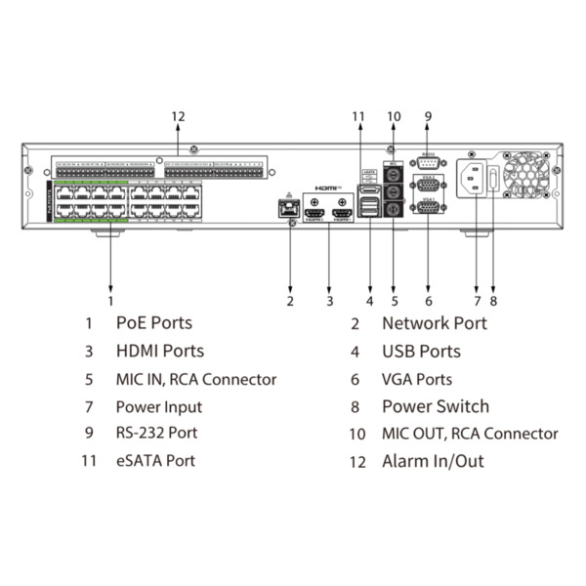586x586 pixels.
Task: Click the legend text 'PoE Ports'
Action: [153, 322]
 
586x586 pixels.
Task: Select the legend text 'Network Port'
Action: [434, 322]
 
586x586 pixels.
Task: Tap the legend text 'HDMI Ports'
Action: [159, 351]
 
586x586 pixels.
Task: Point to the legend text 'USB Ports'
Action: [420, 351]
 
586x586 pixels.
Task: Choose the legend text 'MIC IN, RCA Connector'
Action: [195, 379]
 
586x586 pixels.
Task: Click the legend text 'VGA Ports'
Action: [417, 379]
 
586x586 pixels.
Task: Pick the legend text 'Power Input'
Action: [158, 406]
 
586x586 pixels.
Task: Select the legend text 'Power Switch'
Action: [435, 406]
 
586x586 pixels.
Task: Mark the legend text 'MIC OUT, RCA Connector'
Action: [470, 434]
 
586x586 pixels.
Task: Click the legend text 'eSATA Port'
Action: [154, 461]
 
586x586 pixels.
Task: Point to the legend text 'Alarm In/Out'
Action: [433, 461]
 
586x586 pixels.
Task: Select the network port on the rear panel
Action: [290, 208]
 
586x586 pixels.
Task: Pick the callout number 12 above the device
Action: [177, 117]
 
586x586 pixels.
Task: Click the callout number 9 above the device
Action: [428, 117]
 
